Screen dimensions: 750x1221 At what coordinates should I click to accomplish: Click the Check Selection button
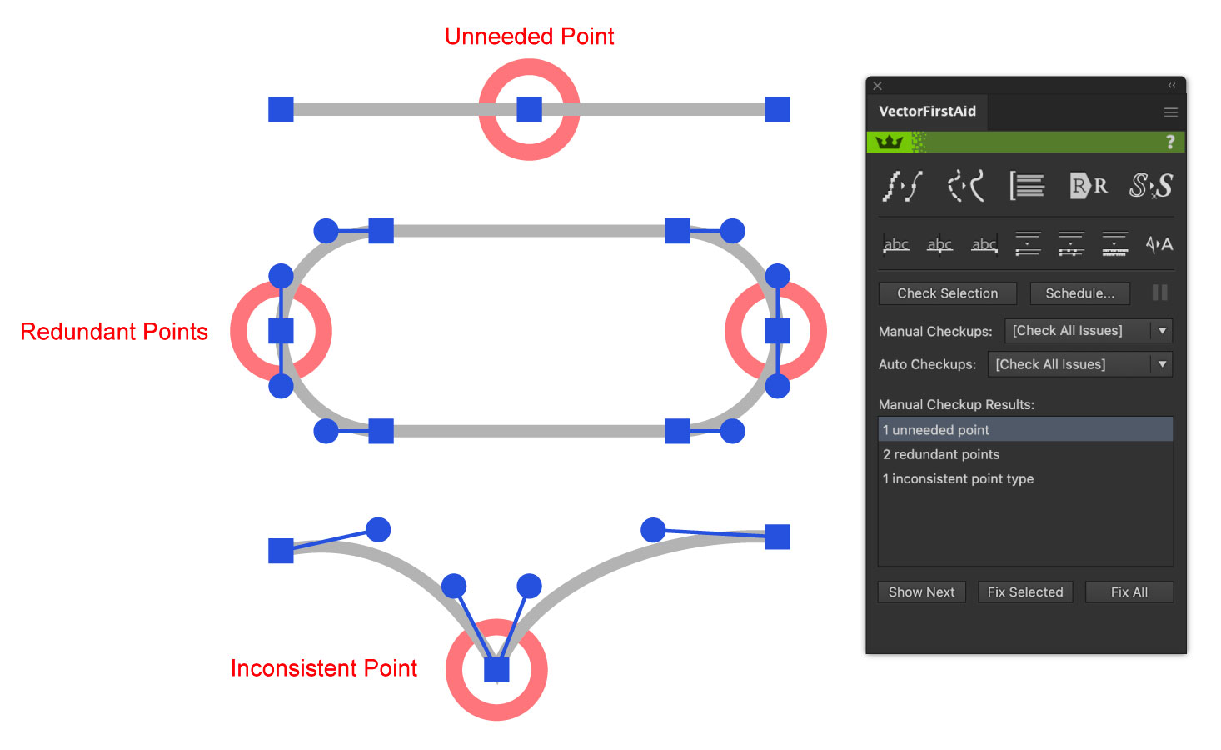(947, 293)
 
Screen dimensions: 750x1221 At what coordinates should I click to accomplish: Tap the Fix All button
(1129, 592)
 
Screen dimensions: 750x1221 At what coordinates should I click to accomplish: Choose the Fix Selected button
(1024, 592)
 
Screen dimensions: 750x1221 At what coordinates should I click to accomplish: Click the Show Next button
(921, 592)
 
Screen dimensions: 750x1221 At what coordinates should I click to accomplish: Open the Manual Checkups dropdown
(1088, 331)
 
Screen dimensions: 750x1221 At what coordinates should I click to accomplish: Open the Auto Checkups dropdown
(1079, 364)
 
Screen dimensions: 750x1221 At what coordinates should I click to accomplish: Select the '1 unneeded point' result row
(1024, 430)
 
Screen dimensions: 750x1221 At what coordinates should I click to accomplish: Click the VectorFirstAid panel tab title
(927, 112)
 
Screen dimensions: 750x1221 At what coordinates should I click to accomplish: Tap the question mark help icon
(1170, 142)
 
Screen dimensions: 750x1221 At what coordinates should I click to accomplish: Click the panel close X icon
(877, 86)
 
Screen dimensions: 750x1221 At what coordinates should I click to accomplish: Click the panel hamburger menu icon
(1170, 112)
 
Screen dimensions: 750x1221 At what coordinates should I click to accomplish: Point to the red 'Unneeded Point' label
(529, 37)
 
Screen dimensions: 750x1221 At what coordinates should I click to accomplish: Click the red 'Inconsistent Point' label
(323, 668)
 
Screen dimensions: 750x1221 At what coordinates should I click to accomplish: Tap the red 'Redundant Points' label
(114, 332)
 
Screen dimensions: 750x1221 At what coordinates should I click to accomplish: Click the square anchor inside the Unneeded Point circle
(529, 109)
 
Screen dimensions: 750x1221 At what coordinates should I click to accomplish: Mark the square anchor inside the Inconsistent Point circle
(496, 670)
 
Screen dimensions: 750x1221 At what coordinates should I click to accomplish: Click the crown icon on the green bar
(889, 142)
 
